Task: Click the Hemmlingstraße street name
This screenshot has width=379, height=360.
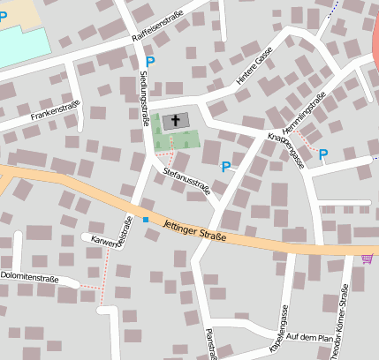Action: click(x=308, y=110)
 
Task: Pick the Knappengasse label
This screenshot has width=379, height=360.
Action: click(x=284, y=150)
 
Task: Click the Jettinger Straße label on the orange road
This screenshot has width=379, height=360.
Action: click(x=195, y=230)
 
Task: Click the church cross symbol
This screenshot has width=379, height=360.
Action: click(x=175, y=121)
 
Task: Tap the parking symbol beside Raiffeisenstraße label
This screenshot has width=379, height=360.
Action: click(x=149, y=61)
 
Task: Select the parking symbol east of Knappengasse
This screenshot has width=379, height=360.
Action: click(x=323, y=154)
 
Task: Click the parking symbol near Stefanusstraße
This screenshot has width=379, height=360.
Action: click(x=226, y=166)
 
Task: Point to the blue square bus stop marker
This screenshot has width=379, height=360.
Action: click(x=146, y=219)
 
